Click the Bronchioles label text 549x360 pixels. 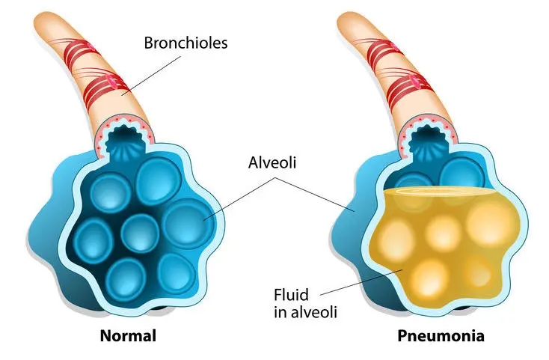[x=185, y=43]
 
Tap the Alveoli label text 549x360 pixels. [x=272, y=162]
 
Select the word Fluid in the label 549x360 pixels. [x=291, y=295]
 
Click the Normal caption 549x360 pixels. [x=128, y=336]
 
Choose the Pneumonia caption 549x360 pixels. [x=441, y=336]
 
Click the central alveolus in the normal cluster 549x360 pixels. [x=140, y=233]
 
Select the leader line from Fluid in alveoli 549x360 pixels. [x=361, y=282]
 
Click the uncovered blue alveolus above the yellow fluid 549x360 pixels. [x=462, y=174]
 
